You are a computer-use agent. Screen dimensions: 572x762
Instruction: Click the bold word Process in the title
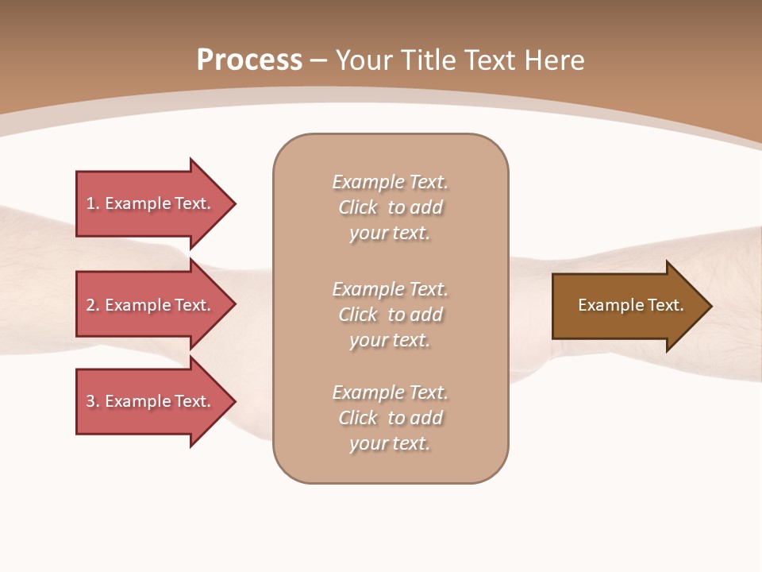tap(249, 60)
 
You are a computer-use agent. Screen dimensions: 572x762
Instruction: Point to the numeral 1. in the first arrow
tap(92, 203)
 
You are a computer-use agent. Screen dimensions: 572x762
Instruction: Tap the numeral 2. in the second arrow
tap(92, 305)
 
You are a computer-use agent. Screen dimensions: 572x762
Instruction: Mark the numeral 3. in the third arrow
tap(92, 401)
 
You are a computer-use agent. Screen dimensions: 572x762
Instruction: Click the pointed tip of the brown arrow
tap(708, 306)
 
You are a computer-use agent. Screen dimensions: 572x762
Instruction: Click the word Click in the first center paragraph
tap(358, 207)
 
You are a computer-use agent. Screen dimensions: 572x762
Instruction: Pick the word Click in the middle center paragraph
tap(358, 315)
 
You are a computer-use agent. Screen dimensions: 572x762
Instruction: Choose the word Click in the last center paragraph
tap(358, 418)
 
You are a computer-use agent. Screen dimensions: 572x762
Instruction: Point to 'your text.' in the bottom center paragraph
tap(390, 443)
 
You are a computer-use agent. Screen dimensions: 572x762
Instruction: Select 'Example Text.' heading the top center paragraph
tap(390, 182)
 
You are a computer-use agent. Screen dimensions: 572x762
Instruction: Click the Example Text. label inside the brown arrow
tap(630, 305)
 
